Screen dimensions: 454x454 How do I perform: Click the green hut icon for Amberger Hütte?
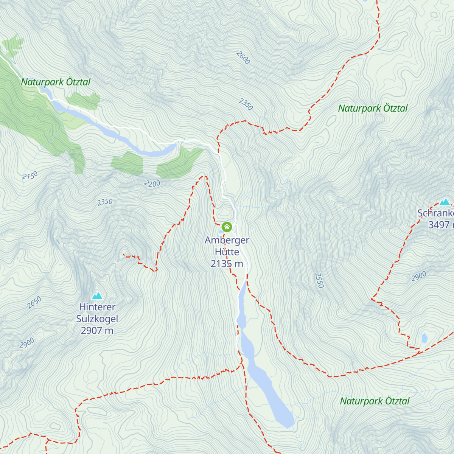pyautogui.click(x=227, y=227)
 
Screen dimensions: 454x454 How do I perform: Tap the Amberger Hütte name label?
pyautogui.click(x=227, y=246)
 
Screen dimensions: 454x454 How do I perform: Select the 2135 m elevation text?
pyautogui.click(x=227, y=264)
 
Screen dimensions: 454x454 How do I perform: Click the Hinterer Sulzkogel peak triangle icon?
pyautogui.click(x=97, y=296)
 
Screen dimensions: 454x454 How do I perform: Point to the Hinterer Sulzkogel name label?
pyautogui.click(x=97, y=313)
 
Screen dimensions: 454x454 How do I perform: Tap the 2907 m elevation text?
pyautogui.click(x=97, y=331)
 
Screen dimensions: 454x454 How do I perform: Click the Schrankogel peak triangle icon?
pyautogui.click(x=445, y=202)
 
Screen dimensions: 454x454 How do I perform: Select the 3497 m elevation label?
pyautogui.click(x=440, y=225)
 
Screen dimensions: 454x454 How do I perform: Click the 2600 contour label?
pyautogui.click(x=243, y=58)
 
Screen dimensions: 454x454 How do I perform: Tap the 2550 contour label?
pyautogui.click(x=319, y=280)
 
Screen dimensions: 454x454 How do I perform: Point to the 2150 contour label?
pyautogui.click(x=30, y=176)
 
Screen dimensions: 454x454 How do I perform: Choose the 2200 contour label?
pyautogui.click(x=152, y=184)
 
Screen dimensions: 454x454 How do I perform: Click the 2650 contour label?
pyautogui.click(x=34, y=303)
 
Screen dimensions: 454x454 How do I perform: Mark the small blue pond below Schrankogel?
pyautogui.click(x=424, y=338)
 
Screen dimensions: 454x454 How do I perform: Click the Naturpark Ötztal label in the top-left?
pyautogui.click(x=56, y=82)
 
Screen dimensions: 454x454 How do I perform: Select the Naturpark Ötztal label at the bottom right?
pyautogui.click(x=375, y=401)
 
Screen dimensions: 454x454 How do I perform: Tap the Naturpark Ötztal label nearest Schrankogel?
pyautogui.click(x=373, y=108)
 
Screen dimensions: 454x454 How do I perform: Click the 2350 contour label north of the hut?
pyautogui.click(x=246, y=104)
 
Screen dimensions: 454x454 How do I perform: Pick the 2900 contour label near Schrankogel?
pyautogui.click(x=419, y=277)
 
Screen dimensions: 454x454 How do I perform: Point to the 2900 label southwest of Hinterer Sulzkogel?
pyautogui.click(x=27, y=343)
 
